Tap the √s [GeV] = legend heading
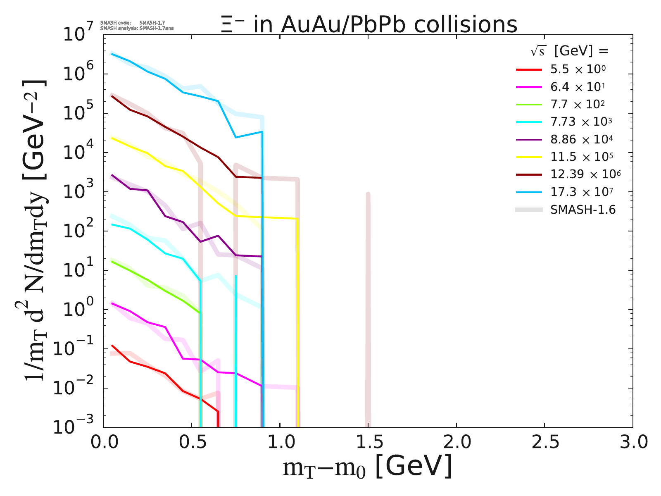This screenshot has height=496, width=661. click(x=570, y=51)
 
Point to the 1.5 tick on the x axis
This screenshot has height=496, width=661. click(x=368, y=442)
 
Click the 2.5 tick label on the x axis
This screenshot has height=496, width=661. click(x=544, y=442)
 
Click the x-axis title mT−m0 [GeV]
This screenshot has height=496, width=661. click(x=368, y=467)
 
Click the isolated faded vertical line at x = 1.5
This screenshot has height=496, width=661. click(x=368, y=310)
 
